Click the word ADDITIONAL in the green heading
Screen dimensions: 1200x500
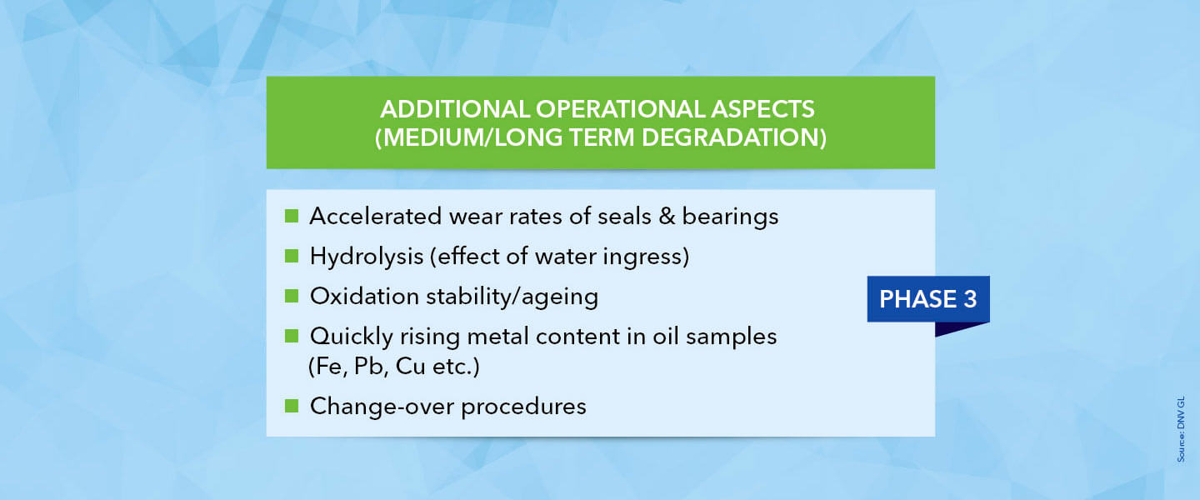[455, 109]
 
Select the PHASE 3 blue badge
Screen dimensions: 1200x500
[927, 299]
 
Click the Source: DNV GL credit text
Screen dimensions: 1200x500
[1181, 428]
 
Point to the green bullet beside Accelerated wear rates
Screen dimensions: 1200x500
[292, 216]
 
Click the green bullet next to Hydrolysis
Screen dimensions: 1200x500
[292, 256]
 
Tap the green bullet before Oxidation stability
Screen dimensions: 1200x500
[292, 296]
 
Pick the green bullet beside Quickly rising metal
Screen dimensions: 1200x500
[292, 336]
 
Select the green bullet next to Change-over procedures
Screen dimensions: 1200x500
[292, 406]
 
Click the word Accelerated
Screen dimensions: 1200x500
[376, 216]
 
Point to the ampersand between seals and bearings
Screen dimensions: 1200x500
[667, 217]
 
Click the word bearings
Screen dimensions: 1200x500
[730, 217]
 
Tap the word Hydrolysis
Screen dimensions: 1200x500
[367, 257]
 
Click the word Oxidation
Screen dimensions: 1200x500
[364, 297]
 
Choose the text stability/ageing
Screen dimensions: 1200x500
[512, 297]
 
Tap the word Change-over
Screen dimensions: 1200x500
[382, 406]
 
